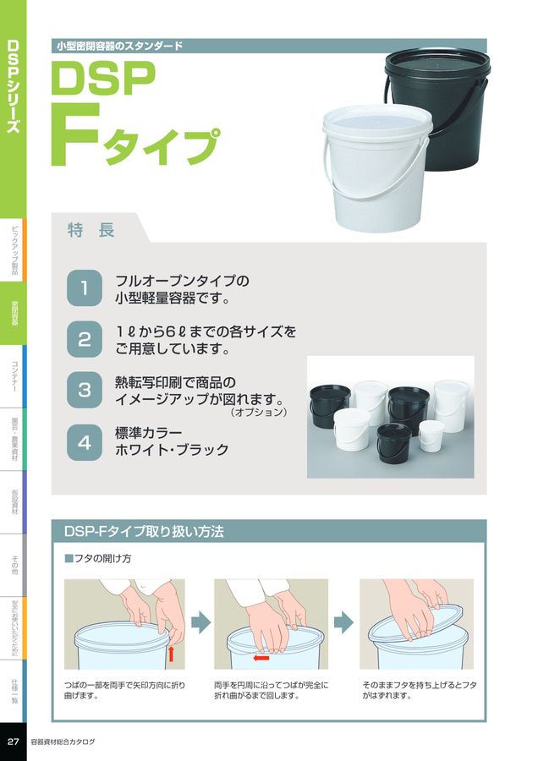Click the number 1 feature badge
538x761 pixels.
85,287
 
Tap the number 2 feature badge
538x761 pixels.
85,339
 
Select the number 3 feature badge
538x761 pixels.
85,390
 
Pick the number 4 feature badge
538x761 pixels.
85,441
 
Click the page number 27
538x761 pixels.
13,742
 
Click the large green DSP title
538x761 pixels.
104,81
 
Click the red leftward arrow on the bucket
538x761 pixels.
261,657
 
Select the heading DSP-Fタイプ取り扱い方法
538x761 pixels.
144,532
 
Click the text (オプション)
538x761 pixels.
259,413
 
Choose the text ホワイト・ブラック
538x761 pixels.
172,450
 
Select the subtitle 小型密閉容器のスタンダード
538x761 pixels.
118,46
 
